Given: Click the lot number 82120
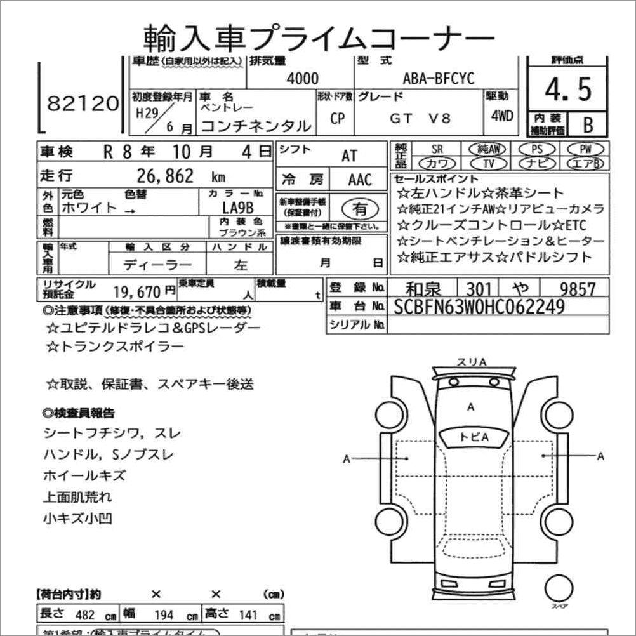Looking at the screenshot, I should click(83, 103).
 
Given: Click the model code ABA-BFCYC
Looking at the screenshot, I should click(439, 79).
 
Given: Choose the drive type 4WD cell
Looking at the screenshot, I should click(502, 117).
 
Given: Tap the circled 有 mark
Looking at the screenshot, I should click(359, 208).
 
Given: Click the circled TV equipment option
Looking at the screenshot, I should click(488, 163).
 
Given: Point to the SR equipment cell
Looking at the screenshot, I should click(437, 149).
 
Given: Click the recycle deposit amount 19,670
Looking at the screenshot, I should click(138, 291).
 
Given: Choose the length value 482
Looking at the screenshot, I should click(86, 616).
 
